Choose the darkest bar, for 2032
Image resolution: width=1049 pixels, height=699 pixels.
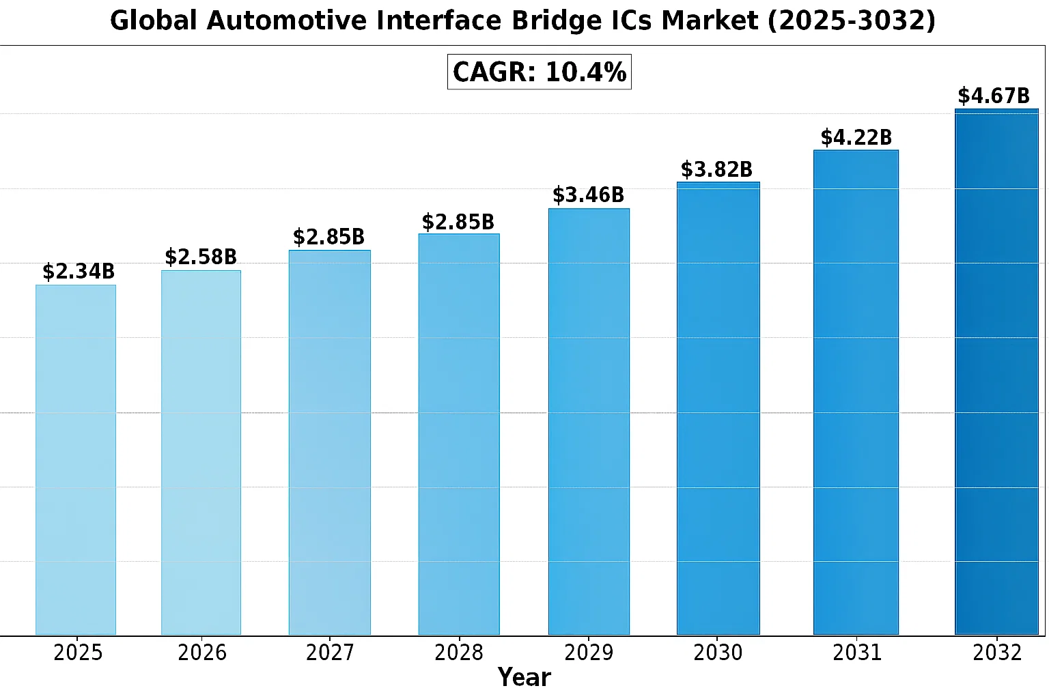[x=996, y=371]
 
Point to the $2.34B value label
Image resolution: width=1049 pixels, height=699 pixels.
[x=79, y=272]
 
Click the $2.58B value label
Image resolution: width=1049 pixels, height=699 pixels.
[x=201, y=257]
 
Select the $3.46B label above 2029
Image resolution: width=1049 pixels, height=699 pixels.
[x=588, y=195]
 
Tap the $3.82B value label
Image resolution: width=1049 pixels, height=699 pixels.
[x=716, y=169]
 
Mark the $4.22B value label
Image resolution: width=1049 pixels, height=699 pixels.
[x=856, y=138]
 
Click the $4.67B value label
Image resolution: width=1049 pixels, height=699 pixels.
[x=994, y=96]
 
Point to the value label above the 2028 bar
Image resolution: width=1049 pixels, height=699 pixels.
[x=458, y=222]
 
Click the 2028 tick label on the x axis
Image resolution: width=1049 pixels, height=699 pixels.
[x=459, y=653]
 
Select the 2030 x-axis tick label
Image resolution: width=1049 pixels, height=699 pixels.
[x=718, y=653]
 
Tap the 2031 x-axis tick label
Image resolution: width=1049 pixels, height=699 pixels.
[x=857, y=653]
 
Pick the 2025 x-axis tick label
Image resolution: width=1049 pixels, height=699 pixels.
[x=78, y=653]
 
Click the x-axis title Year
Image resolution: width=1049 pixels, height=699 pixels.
[x=524, y=678]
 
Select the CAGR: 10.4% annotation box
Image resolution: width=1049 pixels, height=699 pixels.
[x=540, y=72]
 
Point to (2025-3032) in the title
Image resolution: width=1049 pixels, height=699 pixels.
[x=852, y=21]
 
